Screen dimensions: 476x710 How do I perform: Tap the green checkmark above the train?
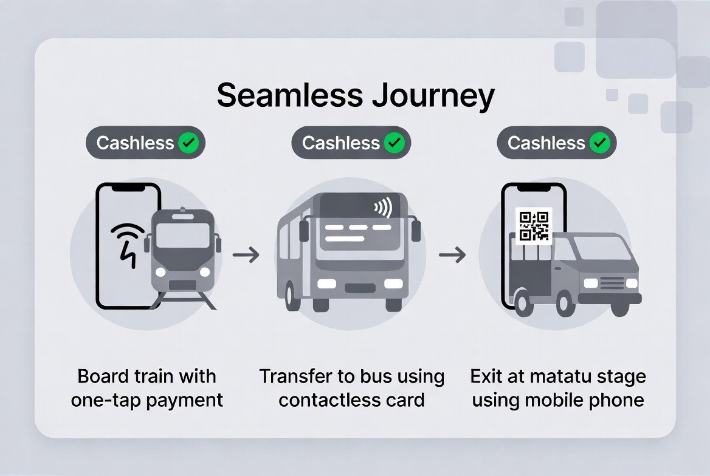(188, 143)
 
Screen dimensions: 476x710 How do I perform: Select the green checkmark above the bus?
(395, 143)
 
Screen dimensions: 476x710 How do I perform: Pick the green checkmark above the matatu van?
(600, 143)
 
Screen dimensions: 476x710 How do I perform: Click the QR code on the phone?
(534, 226)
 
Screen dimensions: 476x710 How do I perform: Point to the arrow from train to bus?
(246, 255)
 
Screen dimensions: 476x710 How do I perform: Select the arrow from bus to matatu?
(452, 255)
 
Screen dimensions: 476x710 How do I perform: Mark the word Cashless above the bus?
(341, 143)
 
